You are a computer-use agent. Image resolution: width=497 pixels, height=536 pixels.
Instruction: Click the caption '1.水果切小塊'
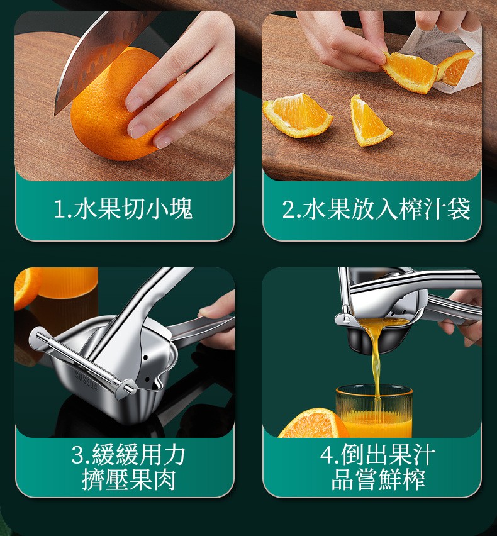123,208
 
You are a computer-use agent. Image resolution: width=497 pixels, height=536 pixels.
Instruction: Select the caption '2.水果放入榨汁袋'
376,208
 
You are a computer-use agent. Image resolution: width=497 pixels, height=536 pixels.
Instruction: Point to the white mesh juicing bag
448,58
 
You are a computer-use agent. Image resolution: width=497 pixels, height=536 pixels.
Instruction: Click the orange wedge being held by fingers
410,71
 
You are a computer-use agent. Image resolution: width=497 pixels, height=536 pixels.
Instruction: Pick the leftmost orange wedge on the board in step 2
297,116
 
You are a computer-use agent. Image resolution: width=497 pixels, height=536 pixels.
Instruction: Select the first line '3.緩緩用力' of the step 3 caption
128,454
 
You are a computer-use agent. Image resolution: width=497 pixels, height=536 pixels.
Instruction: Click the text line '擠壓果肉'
129,479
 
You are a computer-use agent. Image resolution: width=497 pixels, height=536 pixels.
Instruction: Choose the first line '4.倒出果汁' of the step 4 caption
377,454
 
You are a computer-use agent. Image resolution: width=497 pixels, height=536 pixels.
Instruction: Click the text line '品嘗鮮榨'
378,479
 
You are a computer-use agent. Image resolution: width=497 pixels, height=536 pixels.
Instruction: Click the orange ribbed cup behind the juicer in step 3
69,282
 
